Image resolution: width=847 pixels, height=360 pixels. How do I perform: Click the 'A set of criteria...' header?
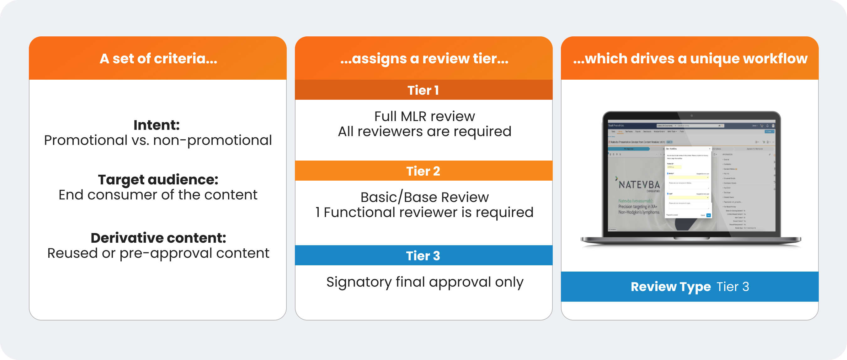158,59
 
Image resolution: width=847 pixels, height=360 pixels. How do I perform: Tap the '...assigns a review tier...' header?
424,59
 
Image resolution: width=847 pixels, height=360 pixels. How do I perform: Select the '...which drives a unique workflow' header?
690,59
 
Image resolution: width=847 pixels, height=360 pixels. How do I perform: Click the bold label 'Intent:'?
157,125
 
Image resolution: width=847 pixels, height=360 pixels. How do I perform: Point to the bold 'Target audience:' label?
158,179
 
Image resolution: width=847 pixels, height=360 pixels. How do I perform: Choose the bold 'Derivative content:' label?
158,238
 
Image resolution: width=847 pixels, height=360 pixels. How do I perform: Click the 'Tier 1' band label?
423,90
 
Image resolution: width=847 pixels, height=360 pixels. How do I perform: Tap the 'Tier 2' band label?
423,171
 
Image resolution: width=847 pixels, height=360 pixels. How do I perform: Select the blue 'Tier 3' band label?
423,256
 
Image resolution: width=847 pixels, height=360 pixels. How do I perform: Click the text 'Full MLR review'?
424,116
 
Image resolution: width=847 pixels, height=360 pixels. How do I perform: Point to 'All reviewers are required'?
424,131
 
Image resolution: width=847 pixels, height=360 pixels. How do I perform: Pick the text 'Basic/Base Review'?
424,197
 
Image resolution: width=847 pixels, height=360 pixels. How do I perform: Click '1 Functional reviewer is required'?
424,212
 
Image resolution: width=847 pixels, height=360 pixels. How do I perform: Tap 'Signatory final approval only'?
424,282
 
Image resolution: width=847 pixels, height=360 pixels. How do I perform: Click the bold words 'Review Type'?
671,287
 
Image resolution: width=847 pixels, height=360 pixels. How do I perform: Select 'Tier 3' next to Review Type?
732,287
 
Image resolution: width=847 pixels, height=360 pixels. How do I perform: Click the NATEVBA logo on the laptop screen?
639,185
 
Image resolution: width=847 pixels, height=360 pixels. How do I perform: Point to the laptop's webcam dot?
691,116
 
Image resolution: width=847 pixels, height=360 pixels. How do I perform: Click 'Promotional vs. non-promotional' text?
158,140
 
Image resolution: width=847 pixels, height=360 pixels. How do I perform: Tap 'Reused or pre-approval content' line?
158,253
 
